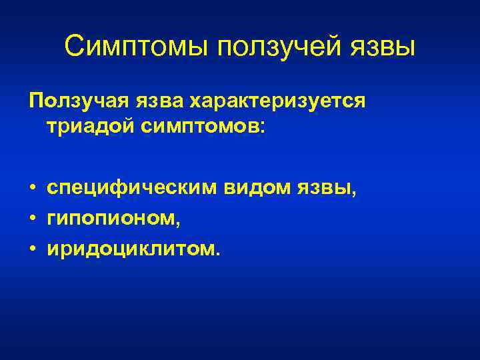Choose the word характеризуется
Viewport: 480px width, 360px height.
tap(278, 101)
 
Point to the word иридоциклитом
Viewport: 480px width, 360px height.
tap(129, 249)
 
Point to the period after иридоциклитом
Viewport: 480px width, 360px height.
tap(215, 253)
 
